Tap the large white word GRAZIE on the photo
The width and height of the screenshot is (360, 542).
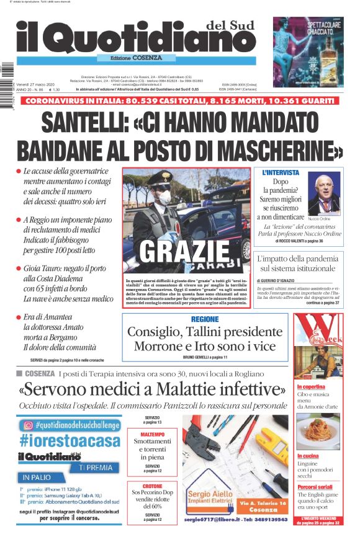click(184, 251)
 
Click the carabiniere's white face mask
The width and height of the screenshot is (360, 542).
click(163, 197)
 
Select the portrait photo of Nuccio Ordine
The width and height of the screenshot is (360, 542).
click(324, 194)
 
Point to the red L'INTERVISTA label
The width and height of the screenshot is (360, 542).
click(281, 172)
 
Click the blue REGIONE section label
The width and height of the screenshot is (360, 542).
click(205, 319)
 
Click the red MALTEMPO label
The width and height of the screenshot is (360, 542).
click(152, 434)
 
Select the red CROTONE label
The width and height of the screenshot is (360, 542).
click(152, 487)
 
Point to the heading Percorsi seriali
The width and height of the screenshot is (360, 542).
click(315, 487)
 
